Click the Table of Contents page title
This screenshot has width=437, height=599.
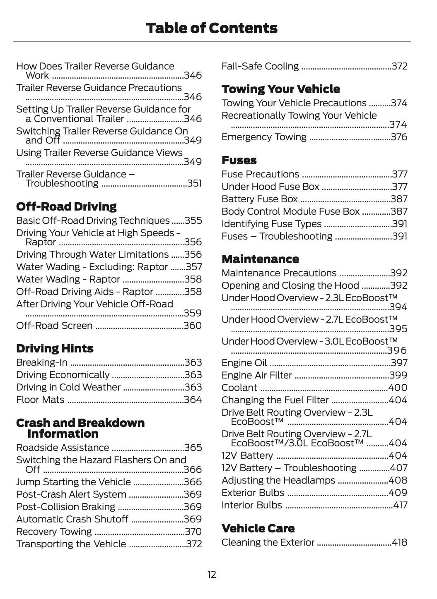pyautogui.click(x=212, y=28)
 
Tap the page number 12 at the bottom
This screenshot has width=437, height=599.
pyautogui.click(x=212, y=575)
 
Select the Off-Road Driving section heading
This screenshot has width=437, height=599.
pyautogui.click(x=66, y=206)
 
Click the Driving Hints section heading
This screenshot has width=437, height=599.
pyautogui.click(x=55, y=348)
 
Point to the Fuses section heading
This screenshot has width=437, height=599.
pyautogui.click(x=239, y=160)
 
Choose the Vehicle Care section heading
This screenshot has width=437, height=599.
pyautogui.click(x=258, y=528)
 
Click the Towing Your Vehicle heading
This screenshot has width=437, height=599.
pyautogui.click(x=280, y=89)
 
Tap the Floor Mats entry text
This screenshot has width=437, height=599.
pyautogui.click(x=40, y=400)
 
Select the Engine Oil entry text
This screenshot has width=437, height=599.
pyautogui.click(x=244, y=363)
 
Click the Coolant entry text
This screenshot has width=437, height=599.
pyautogui.click(x=239, y=388)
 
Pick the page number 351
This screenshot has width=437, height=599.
pyautogui.click(x=194, y=183)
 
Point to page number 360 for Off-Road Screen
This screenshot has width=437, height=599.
pyautogui.click(x=193, y=326)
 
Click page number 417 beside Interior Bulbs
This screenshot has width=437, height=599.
pyautogui.click(x=400, y=505)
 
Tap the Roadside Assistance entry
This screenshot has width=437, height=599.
pyautogui.click(x=63, y=448)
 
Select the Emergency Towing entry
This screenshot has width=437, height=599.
pyautogui.click(x=264, y=137)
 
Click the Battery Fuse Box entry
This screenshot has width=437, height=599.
pyautogui.click(x=260, y=199)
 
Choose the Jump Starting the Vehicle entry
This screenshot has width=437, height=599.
pyautogui.click(x=73, y=482)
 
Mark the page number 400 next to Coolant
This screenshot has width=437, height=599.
pyautogui.click(x=398, y=388)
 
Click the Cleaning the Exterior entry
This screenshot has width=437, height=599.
pyautogui.click(x=268, y=542)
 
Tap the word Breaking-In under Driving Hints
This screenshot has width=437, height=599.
pyautogui.click(x=42, y=362)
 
